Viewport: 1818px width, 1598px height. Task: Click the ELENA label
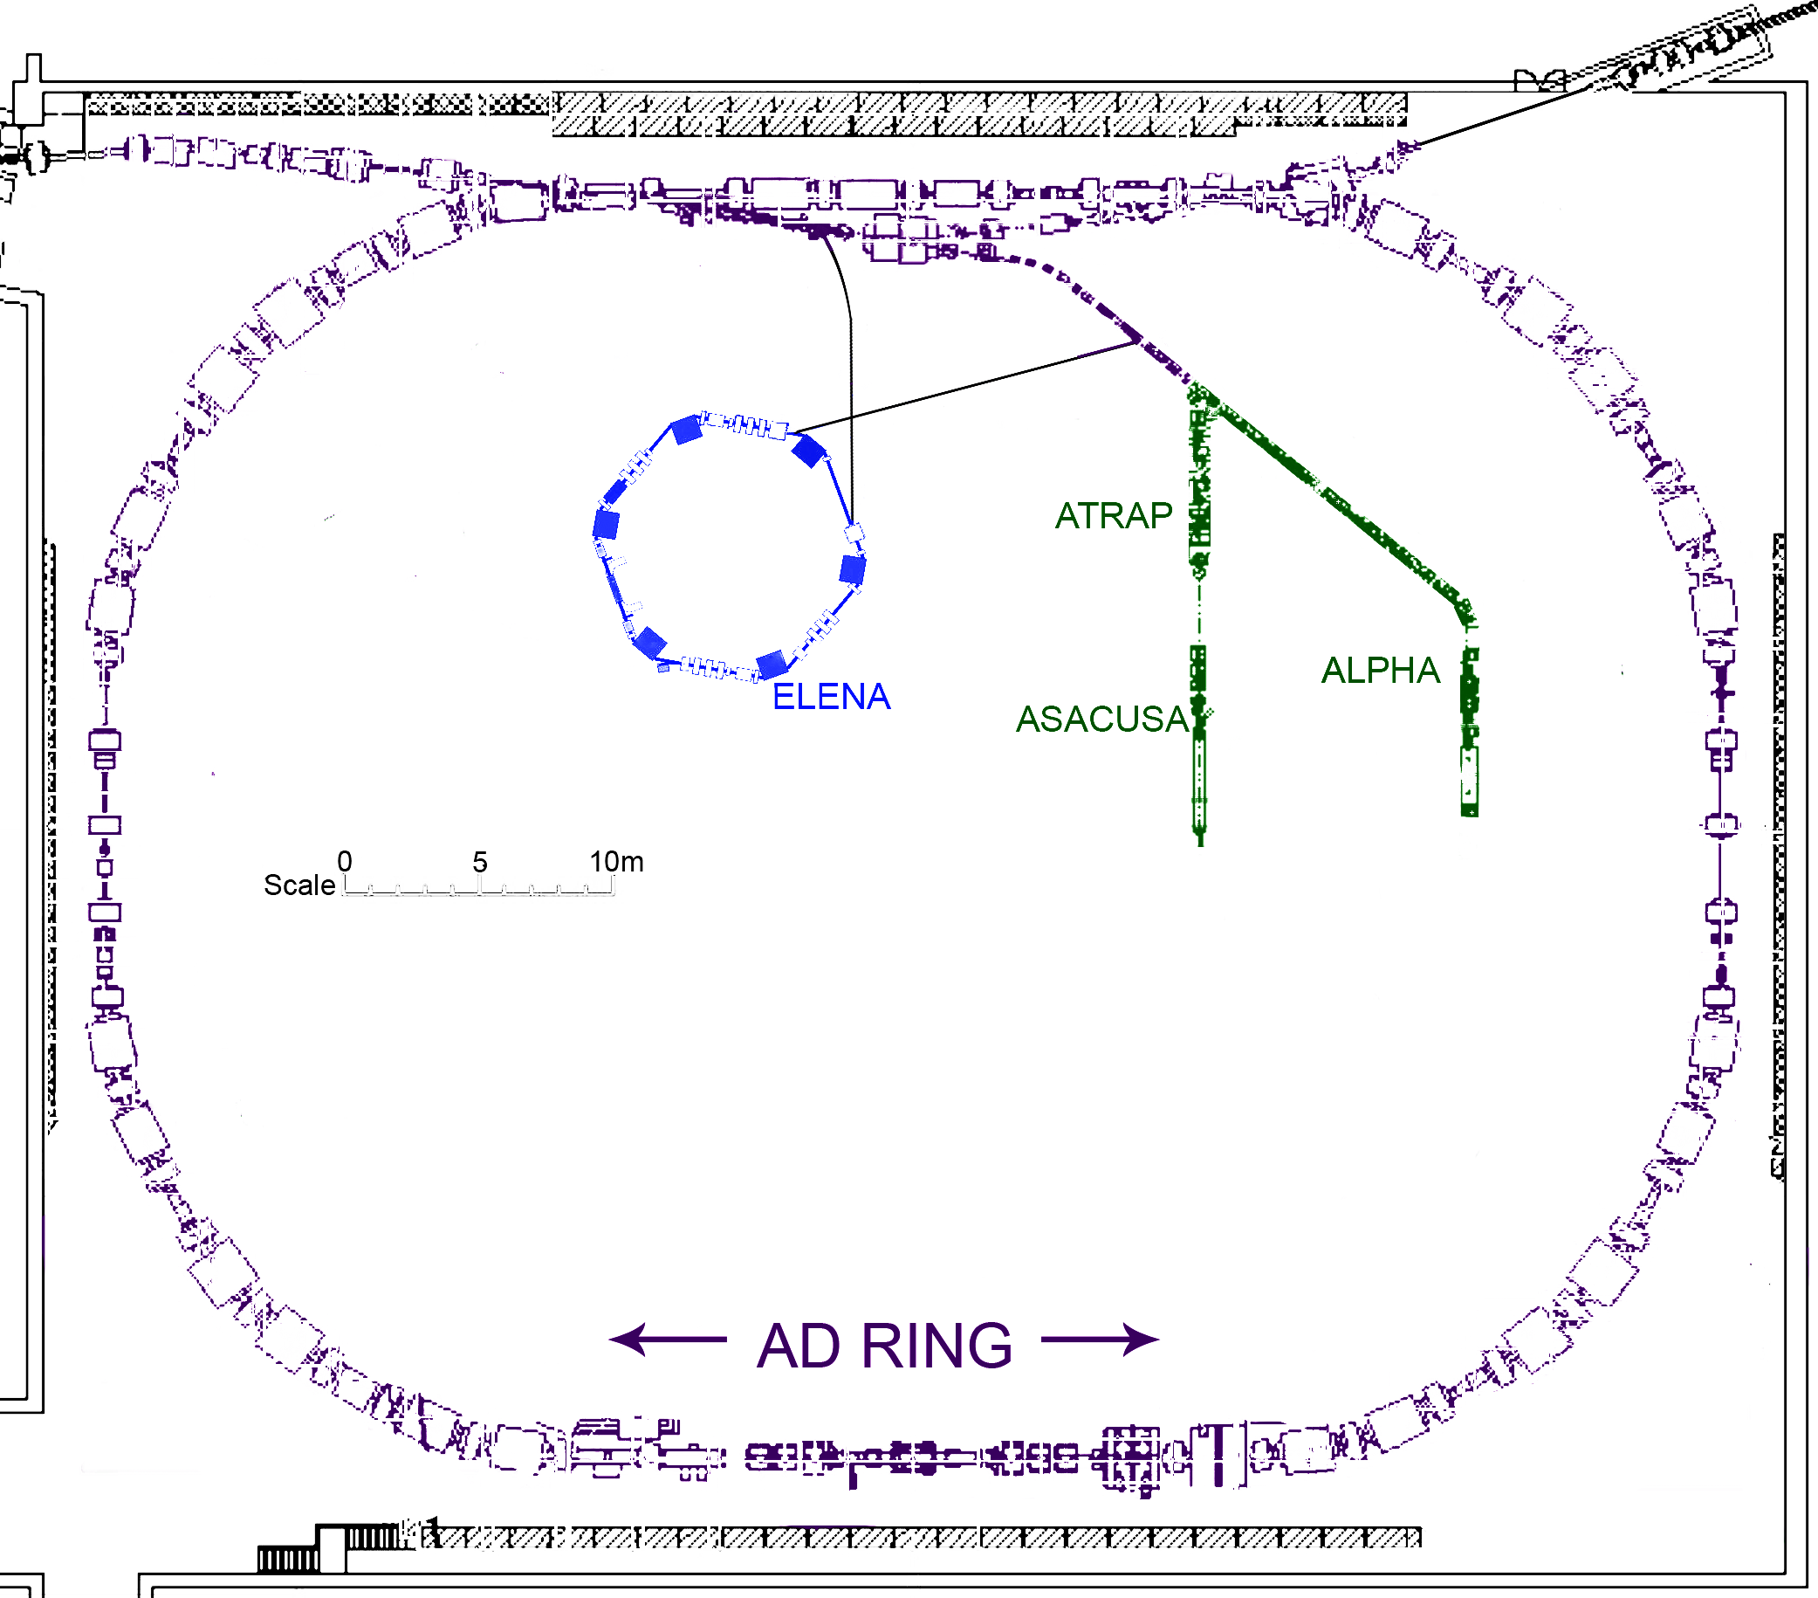(x=831, y=697)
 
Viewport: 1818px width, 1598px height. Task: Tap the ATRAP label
(x=1114, y=516)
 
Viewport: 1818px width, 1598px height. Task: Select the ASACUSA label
(x=1102, y=719)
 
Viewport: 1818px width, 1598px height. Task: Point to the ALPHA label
(x=1381, y=670)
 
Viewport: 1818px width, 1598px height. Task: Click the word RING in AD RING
(x=936, y=1346)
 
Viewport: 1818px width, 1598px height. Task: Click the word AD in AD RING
(x=798, y=1346)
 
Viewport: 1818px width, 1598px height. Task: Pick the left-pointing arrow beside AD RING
(x=668, y=1339)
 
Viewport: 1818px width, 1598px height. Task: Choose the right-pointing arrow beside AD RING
(x=1101, y=1339)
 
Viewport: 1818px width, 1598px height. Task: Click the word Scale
(x=299, y=885)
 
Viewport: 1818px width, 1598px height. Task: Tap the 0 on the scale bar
(x=345, y=861)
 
